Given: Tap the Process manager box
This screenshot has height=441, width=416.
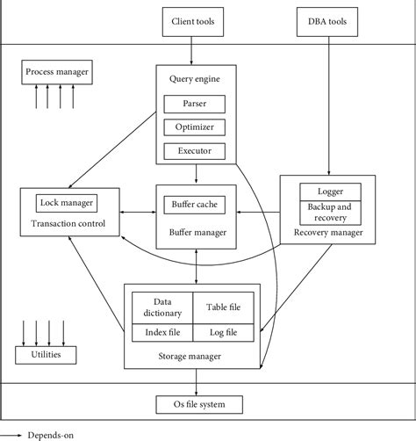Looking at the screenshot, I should (x=56, y=71).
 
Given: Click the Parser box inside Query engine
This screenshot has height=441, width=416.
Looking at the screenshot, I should (x=194, y=104).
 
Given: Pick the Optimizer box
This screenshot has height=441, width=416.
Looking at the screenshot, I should (x=194, y=127).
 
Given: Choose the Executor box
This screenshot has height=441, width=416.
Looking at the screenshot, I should (x=194, y=150).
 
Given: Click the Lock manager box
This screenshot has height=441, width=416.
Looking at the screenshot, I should (x=67, y=203).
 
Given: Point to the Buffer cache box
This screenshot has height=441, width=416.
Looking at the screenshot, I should (x=195, y=205).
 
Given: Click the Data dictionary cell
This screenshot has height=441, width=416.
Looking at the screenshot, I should (x=161, y=306).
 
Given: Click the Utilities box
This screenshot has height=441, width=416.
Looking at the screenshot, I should (x=46, y=355).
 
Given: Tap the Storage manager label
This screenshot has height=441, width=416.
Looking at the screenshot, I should (x=192, y=356).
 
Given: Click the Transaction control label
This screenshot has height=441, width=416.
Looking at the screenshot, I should (x=67, y=223).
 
